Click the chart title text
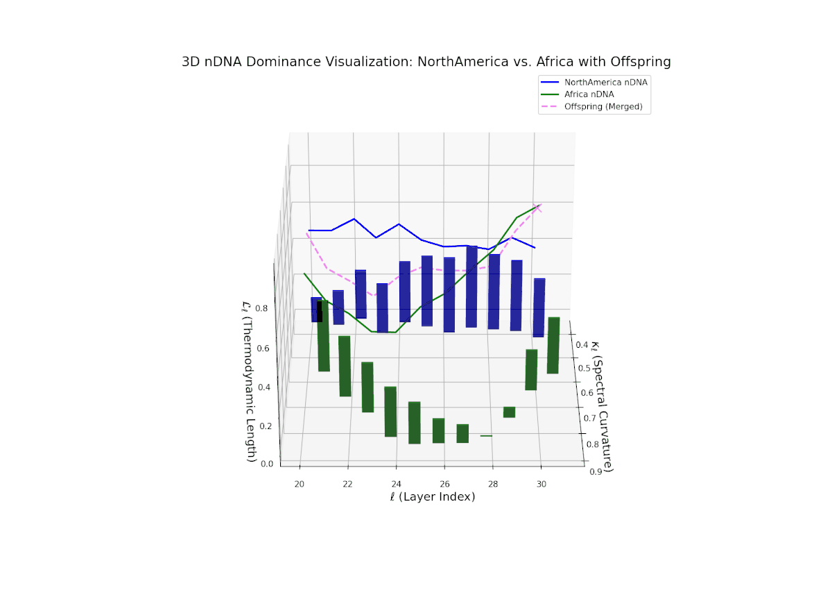coord(426,62)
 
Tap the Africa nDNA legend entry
coord(589,94)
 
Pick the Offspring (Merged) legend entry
coord(603,107)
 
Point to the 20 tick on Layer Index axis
coord(300,484)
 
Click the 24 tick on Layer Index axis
coord(396,484)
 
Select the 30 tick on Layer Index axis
coord(541,484)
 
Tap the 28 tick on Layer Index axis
coord(493,484)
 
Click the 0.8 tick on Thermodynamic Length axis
coord(263,308)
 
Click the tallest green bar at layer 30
coord(553,345)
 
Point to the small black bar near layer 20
coord(320,311)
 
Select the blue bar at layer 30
coord(539,308)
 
